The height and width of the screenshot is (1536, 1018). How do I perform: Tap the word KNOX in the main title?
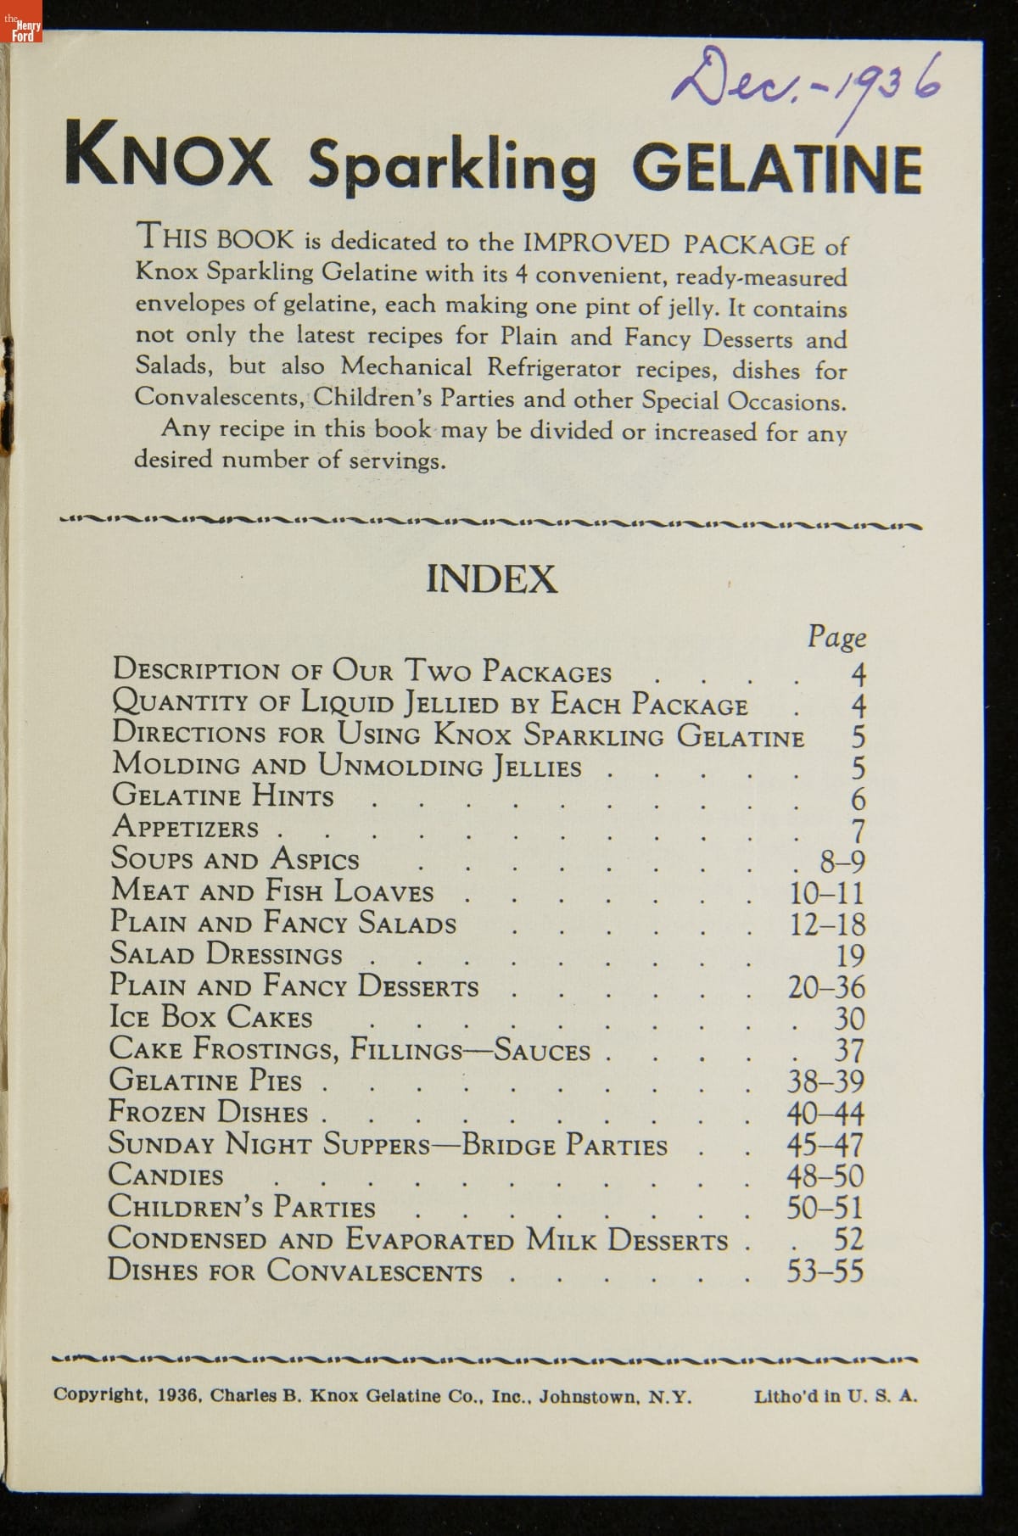tap(168, 155)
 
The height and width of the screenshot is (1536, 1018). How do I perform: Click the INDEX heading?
tap(491, 579)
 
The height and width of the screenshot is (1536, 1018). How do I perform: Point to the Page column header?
tap(836, 636)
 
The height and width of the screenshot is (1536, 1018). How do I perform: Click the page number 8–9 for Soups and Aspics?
tap(842, 862)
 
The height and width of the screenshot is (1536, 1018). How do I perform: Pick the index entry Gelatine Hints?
tap(223, 796)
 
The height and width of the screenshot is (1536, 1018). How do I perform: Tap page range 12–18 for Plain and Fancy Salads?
tap(827, 924)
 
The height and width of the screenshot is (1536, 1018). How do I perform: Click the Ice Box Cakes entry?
tap(211, 1017)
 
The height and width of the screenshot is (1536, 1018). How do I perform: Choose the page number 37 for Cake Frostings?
tap(849, 1051)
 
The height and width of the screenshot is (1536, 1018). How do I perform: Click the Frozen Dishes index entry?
tap(208, 1112)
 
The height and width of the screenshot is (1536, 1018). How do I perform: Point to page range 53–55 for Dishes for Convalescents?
tap(825, 1271)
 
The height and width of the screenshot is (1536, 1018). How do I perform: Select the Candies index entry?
tap(166, 1176)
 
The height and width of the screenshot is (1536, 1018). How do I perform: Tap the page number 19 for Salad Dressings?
tap(850, 956)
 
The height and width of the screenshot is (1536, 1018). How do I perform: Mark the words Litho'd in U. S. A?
tap(835, 1395)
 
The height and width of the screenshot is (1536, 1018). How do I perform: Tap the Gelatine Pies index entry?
tap(206, 1081)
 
